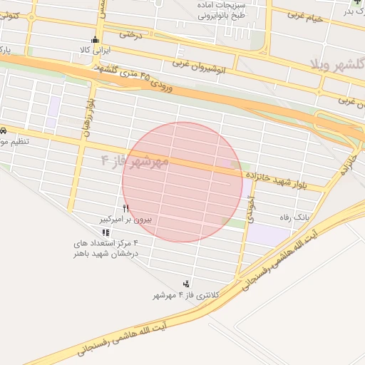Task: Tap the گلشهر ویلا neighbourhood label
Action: tap(336, 63)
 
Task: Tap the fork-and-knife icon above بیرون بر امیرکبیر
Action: tap(126, 208)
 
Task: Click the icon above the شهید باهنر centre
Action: tap(106, 232)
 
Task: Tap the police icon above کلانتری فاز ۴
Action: tap(187, 284)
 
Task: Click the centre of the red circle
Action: tap(181, 182)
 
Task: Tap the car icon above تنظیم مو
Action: tap(4, 131)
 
